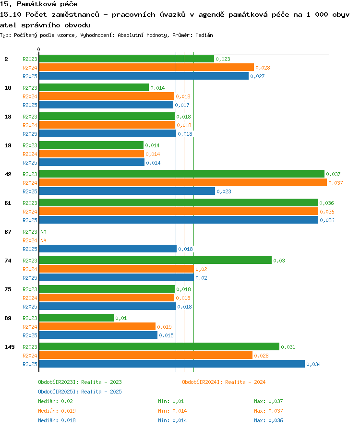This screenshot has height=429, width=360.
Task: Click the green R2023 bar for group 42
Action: pos(182,174)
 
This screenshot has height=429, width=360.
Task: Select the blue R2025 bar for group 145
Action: pos(172,364)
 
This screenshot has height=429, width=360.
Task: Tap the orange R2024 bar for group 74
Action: pos(117,269)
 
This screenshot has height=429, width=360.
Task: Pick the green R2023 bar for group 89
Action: pos(76,318)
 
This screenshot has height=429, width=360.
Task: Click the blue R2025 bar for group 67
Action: pos(108,249)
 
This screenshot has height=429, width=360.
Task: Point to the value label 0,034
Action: pos(313,364)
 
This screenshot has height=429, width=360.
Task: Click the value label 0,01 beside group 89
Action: pos(121,318)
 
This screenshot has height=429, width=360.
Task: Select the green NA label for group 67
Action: pos(44,232)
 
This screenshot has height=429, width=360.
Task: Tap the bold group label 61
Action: pos(8,203)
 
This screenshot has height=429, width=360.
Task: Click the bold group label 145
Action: pos(10,347)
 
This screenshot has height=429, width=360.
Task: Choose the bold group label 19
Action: pos(8,145)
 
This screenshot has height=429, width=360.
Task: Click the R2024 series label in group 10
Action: pos(30,96)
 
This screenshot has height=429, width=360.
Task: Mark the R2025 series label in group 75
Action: pos(30,307)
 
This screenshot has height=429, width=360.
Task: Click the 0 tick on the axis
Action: pos(38,49)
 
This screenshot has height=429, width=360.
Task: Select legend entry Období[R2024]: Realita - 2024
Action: pos(224,382)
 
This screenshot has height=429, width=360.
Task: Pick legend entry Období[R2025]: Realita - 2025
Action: pos(80,392)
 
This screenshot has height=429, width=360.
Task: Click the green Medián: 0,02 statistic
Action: pos(56,401)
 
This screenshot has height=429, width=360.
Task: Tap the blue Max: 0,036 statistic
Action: pos(269,420)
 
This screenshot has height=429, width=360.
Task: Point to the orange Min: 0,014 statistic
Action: pos(172,411)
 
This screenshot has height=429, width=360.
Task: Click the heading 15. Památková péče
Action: pos(38,4)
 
